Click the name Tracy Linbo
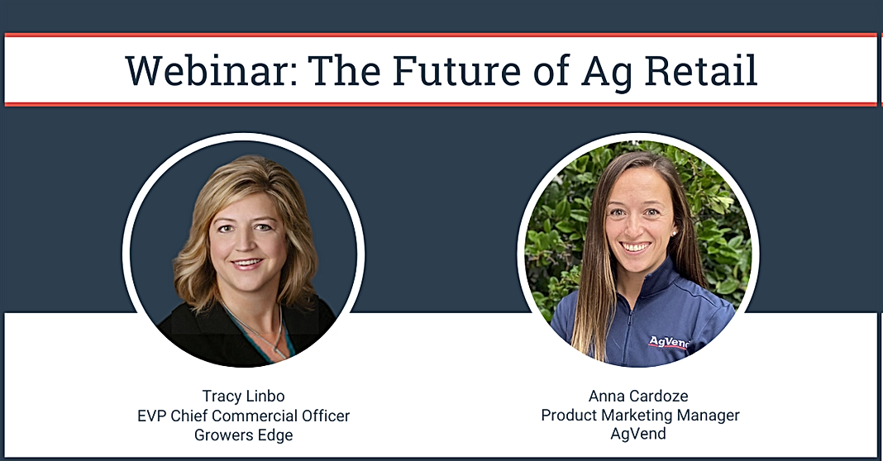pyautogui.click(x=243, y=397)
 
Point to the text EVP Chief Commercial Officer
pyautogui.click(x=243, y=416)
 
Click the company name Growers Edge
pyautogui.click(x=243, y=435)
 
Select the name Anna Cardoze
pyautogui.click(x=638, y=397)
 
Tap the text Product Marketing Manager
pyautogui.click(x=640, y=416)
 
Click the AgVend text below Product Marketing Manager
pyautogui.click(x=638, y=434)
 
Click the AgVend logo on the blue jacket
pyautogui.click(x=669, y=342)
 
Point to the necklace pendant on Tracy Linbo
pyautogui.click(x=278, y=351)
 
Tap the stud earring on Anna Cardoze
pyautogui.click(x=674, y=232)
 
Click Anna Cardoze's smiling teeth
pyautogui.click(x=637, y=247)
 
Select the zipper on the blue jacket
pyautogui.click(x=629, y=332)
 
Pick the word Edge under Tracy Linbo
pyautogui.click(x=274, y=435)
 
